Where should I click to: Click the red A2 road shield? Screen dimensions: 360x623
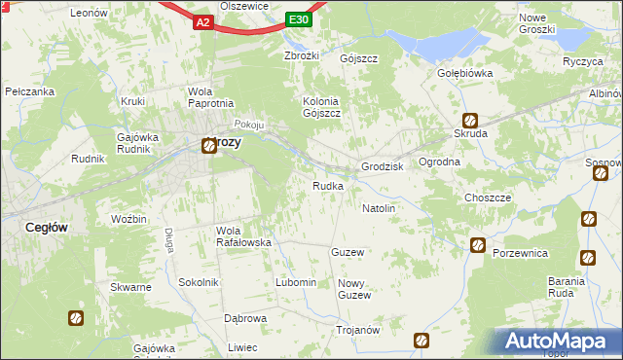pyautogui.click(x=202, y=20)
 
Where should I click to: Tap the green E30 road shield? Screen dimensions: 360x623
pyautogui.click(x=300, y=19)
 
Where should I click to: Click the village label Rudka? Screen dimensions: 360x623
pyautogui.click(x=327, y=186)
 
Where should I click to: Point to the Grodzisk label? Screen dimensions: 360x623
pyautogui.click(x=383, y=166)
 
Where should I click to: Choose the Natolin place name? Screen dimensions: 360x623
pyautogui.click(x=379, y=208)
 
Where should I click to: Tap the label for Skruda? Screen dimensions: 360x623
pyautogui.click(x=470, y=133)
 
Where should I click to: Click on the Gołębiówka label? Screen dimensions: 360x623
pyautogui.click(x=464, y=73)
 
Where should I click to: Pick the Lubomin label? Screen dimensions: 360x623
pyautogui.click(x=296, y=282)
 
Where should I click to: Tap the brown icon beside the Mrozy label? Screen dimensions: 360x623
pyautogui.click(x=209, y=146)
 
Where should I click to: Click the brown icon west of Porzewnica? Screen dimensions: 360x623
pyautogui.click(x=477, y=245)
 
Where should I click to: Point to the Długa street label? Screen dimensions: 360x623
pyautogui.click(x=168, y=239)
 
